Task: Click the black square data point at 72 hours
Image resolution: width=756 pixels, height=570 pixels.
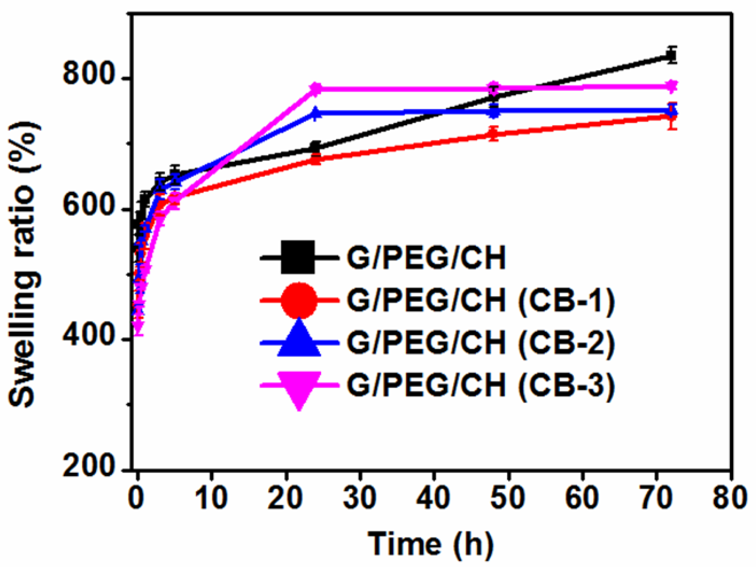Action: pyautogui.click(x=672, y=55)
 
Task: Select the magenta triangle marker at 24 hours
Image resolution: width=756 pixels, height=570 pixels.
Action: pyautogui.click(x=317, y=89)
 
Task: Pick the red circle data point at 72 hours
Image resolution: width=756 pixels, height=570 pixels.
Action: pyautogui.click(x=672, y=117)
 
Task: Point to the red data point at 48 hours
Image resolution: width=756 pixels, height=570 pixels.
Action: pyautogui.click(x=493, y=134)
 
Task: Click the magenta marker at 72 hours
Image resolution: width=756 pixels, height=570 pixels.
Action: pyautogui.click(x=672, y=86)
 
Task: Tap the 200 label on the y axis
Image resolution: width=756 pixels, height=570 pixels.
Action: pyautogui.click(x=88, y=466)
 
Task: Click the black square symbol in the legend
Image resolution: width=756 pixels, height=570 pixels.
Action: pyautogui.click(x=298, y=257)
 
